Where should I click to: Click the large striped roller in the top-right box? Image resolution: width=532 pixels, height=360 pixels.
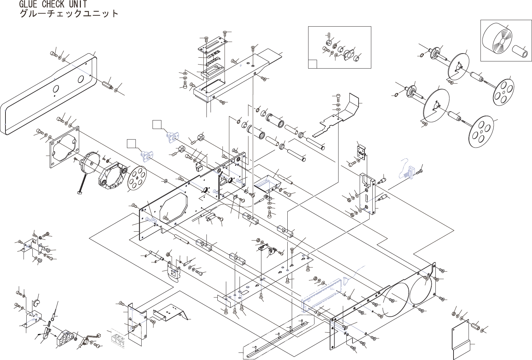coord(498,42)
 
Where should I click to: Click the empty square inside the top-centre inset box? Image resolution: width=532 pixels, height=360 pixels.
coord(313,64)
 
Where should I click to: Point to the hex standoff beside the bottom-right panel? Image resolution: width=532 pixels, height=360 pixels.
coord(475,328)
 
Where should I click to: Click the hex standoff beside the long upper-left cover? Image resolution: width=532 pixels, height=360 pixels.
coord(107,84)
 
